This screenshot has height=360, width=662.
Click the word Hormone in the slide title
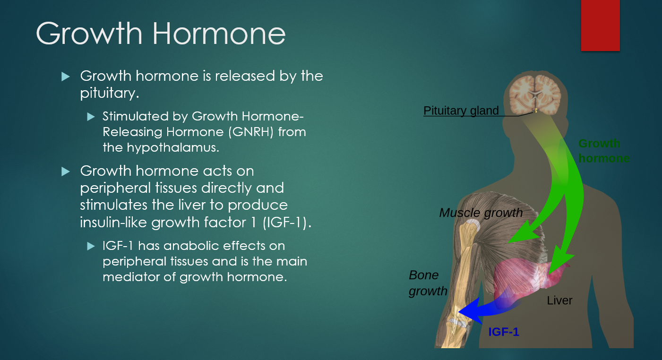coord(219,34)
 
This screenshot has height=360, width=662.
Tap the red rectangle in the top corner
coord(600,26)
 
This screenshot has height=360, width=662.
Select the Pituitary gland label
coord(461,111)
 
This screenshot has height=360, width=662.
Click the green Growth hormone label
coord(604,151)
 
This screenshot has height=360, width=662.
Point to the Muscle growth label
coord(481,213)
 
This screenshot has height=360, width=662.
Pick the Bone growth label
coord(428,283)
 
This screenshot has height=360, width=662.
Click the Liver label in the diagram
coord(559,300)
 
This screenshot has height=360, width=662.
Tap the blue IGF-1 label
coord(504,332)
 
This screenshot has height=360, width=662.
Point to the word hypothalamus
coord(173,147)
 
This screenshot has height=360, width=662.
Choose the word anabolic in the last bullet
coord(192,246)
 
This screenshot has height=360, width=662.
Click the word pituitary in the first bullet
coord(109,94)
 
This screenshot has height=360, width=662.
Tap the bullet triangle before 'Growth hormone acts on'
coord(65,171)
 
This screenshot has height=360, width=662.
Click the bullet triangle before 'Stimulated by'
coord(91,117)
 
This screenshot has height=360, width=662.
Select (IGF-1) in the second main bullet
coord(287,222)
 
